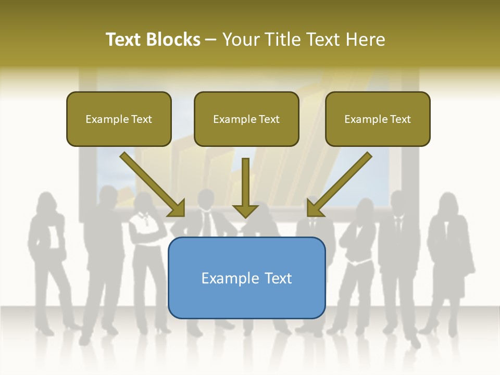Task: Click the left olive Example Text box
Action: (119, 119)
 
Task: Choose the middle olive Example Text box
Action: (246, 119)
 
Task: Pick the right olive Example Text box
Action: (378, 119)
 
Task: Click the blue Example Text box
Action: (246, 278)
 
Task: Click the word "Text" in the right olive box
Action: (400, 119)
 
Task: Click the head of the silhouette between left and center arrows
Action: (206, 198)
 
